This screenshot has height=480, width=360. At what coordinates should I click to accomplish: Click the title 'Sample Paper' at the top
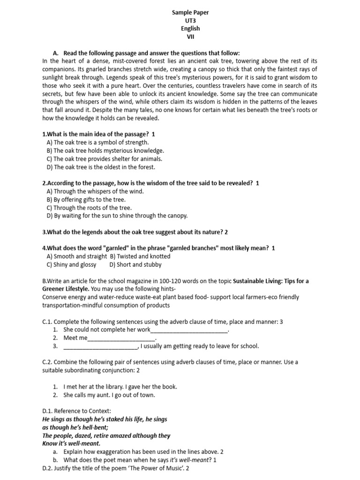190,13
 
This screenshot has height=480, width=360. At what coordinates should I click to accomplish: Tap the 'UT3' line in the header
190,21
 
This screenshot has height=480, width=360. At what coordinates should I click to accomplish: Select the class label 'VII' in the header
190,37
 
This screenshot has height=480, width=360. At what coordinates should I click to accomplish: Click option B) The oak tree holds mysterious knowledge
105,150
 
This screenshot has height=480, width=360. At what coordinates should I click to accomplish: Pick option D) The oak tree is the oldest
100,166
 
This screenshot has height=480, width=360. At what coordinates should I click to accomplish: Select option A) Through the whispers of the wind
95,191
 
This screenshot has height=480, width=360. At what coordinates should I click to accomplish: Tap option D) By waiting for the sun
117,216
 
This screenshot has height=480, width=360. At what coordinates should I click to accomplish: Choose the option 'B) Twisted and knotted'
140,256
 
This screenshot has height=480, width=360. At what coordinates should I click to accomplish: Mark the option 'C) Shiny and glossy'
71,264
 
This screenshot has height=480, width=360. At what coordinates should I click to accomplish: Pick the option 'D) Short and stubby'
135,264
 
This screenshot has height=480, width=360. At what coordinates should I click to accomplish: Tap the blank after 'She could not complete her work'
189,330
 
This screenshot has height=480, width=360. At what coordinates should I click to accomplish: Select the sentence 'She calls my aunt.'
88,395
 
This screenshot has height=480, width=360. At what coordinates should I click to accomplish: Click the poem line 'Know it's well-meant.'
71,443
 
